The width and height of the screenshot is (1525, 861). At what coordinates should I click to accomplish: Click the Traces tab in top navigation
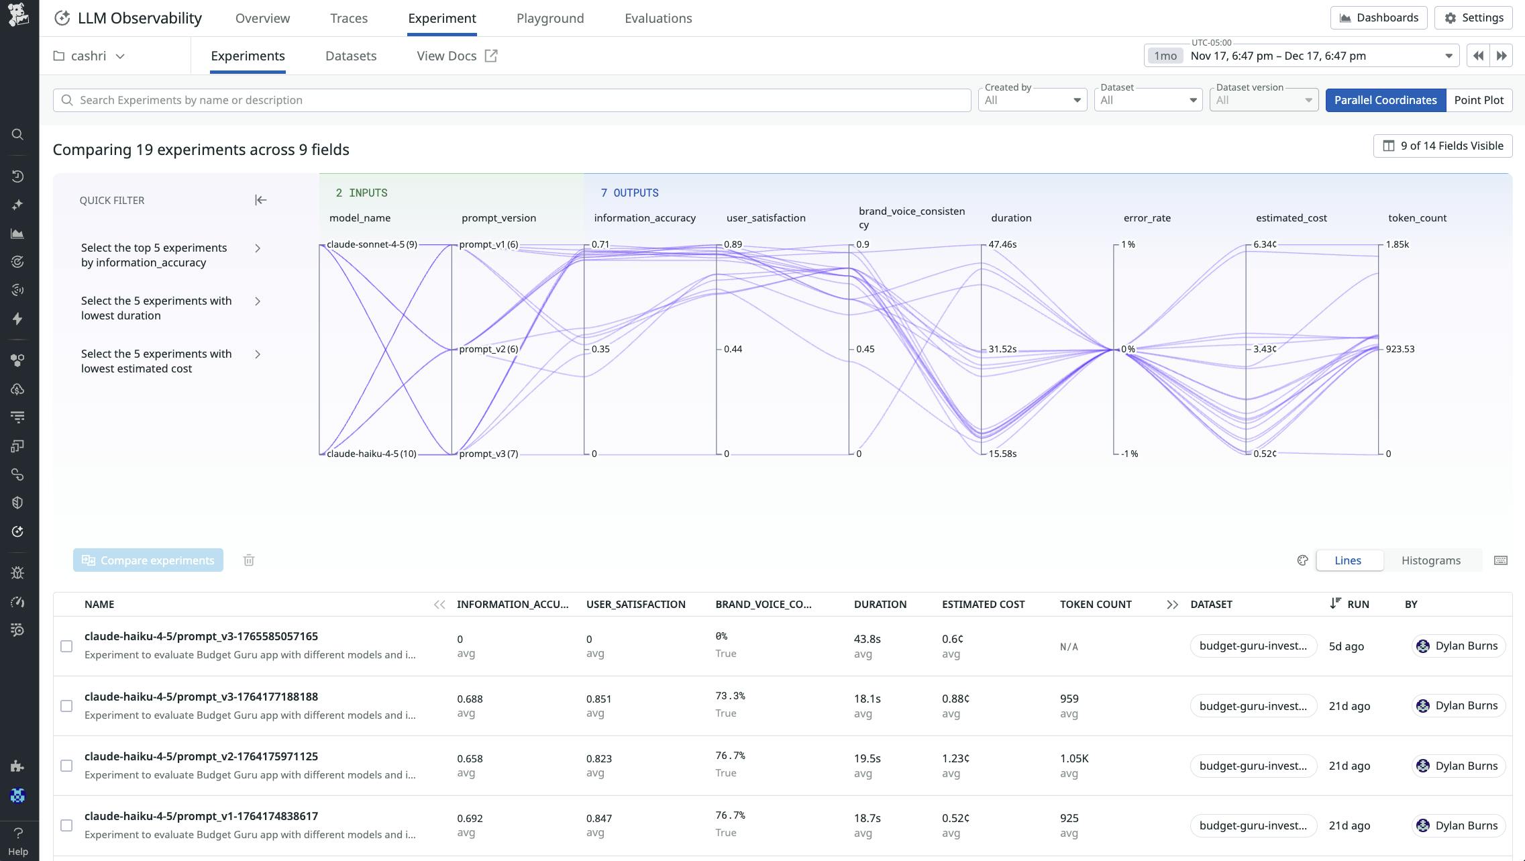point(348,18)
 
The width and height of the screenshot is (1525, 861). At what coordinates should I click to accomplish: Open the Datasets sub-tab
point(350,56)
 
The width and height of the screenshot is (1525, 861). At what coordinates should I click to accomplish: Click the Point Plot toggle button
point(1478,100)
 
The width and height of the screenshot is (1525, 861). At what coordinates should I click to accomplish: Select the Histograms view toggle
point(1430,560)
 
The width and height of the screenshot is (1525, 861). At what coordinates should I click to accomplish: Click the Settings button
point(1473,18)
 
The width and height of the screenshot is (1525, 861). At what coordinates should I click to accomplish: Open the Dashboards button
point(1379,18)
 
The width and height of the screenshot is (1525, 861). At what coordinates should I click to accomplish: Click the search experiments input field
point(510,100)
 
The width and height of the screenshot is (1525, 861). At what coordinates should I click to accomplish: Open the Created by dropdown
point(1032,100)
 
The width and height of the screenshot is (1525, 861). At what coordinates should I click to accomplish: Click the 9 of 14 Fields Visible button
point(1442,146)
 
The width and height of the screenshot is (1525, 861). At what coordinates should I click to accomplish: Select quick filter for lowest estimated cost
point(171,361)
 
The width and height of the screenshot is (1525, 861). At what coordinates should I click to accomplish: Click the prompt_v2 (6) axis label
point(488,349)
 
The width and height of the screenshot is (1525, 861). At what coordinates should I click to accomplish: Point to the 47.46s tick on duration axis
point(1002,244)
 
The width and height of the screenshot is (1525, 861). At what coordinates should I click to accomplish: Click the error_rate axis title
point(1147,218)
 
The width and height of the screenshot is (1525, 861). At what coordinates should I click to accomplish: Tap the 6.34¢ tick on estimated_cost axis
point(1264,244)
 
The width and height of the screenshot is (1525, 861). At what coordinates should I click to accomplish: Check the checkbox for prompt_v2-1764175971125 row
point(66,766)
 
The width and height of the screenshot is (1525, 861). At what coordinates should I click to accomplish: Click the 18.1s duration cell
point(867,699)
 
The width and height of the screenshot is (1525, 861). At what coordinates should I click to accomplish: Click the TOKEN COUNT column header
point(1095,604)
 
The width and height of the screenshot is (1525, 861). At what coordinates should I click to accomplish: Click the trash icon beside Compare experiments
point(249,560)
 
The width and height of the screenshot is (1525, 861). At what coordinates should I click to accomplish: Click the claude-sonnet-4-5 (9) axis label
point(371,244)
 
